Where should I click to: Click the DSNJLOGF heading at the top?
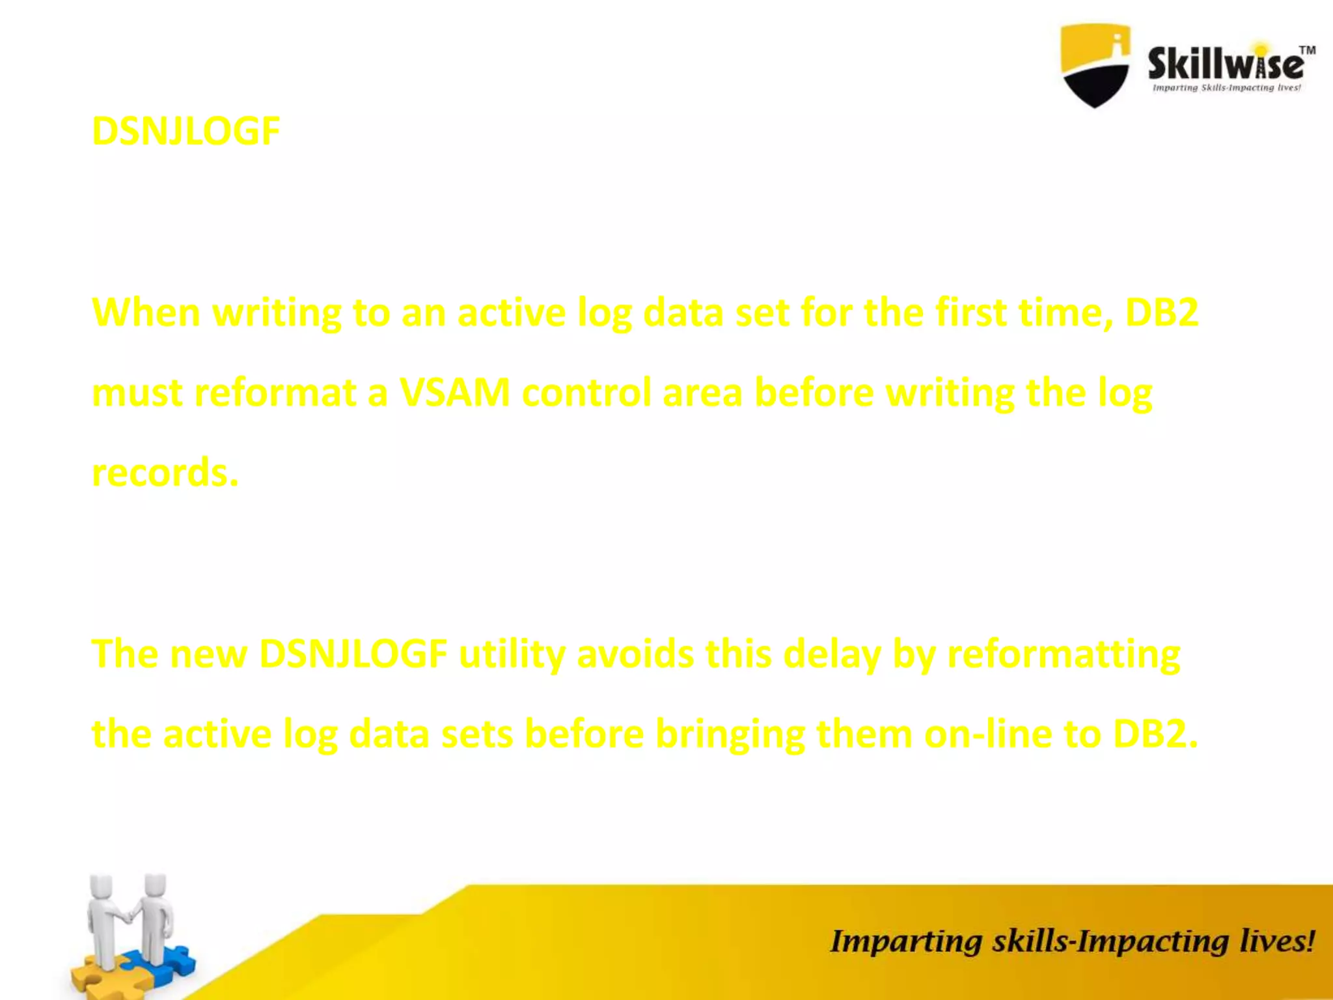point(186,132)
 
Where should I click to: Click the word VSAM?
point(455,393)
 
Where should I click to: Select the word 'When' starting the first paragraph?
point(146,312)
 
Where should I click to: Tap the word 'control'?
point(586,393)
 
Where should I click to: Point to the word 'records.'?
point(165,473)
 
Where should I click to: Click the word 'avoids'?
point(635,654)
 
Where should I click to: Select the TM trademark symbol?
point(1308,50)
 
